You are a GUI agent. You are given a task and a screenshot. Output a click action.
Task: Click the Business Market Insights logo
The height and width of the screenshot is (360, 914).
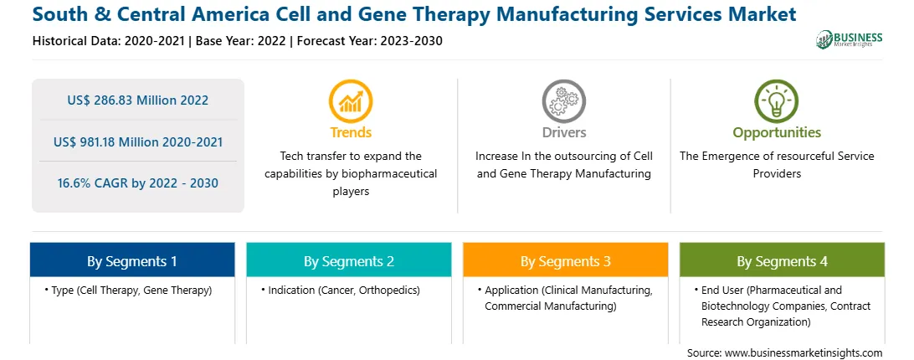(849, 39)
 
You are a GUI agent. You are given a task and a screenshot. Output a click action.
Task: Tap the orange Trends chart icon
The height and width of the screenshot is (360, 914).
(351, 101)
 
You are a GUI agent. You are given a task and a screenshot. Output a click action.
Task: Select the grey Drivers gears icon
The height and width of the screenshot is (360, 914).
(563, 101)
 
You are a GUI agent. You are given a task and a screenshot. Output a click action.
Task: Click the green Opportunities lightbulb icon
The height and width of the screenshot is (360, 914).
(777, 101)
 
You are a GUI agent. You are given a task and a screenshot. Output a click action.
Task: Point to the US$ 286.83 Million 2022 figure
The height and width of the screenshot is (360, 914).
(137, 100)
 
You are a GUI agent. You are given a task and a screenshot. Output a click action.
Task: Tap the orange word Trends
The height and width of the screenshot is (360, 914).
(351, 132)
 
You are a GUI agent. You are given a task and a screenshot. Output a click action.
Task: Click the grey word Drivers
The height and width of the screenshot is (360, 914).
(563, 132)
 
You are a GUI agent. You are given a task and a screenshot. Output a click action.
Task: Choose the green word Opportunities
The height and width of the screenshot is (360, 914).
(777, 133)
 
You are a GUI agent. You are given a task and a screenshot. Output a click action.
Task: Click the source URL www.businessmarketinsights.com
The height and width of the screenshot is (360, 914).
(804, 352)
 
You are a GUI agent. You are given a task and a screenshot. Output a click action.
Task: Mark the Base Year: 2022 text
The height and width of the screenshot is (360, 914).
(241, 41)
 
